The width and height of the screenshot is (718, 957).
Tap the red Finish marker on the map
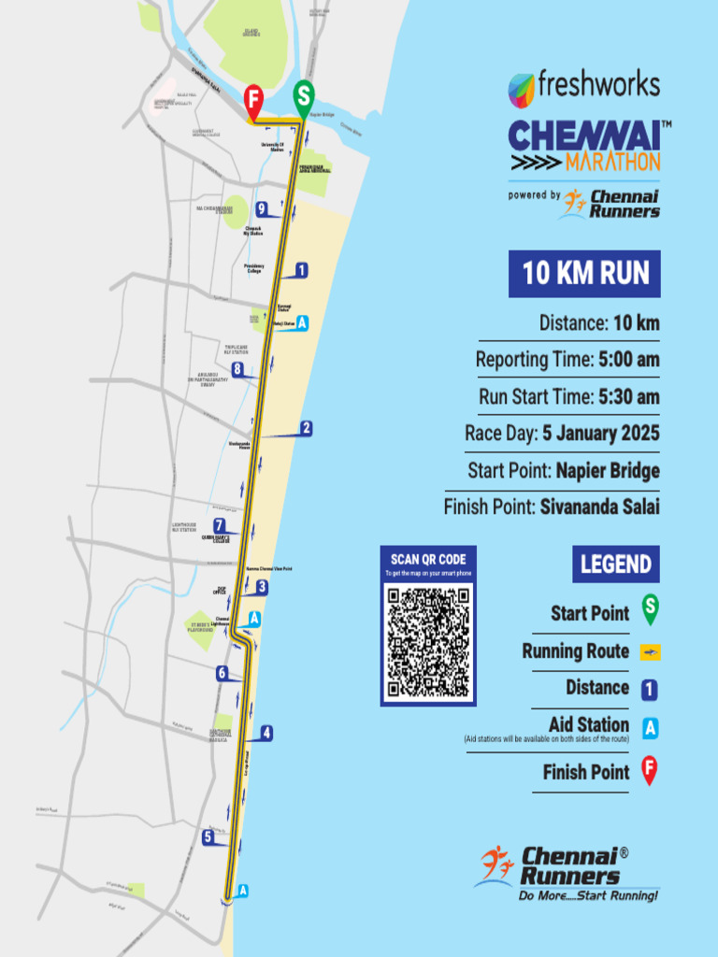[253, 99]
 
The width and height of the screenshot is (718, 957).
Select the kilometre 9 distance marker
[263, 208]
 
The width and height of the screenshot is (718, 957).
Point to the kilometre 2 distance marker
[306, 429]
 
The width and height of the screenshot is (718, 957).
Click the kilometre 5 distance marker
[208, 837]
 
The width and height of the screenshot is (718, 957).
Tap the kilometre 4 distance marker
[266, 734]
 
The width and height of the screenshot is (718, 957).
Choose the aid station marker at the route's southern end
[243, 891]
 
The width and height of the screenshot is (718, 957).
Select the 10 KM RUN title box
[584, 274]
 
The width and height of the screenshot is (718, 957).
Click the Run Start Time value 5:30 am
[628, 396]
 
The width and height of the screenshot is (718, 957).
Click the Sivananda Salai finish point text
[599, 507]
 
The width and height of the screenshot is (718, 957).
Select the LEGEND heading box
[615, 564]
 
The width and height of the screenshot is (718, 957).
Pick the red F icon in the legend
[650, 772]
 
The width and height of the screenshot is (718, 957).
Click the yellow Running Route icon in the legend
[650, 651]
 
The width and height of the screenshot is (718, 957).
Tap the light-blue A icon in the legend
[650, 725]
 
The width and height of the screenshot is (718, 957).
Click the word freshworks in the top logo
[599, 85]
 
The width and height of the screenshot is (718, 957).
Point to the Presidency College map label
[254, 268]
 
